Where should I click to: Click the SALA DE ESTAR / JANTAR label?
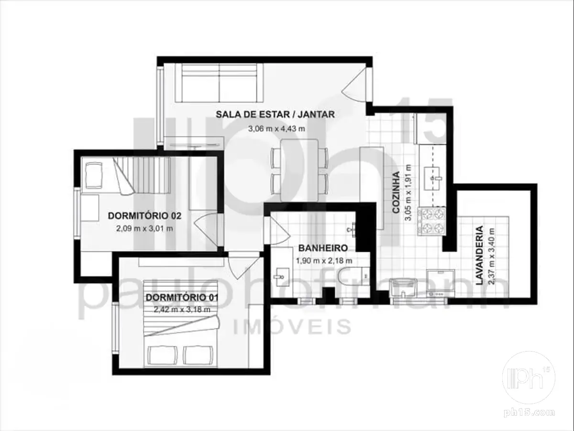(x=275, y=114)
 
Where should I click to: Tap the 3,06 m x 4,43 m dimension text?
(x=276, y=129)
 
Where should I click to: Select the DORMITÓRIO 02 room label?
(x=144, y=216)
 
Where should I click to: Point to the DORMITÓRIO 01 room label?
(x=182, y=297)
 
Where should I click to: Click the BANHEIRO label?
(x=323, y=248)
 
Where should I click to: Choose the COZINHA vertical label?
(x=396, y=193)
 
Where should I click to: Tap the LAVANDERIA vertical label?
(x=479, y=255)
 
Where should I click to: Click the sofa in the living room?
(x=219, y=83)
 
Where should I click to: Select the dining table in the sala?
(x=299, y=170)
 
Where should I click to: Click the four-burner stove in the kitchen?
(x=432, y=221)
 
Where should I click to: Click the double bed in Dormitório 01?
(x=181, y=323)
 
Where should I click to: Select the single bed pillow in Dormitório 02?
(x=94, y=175)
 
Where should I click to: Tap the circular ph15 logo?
(x=529, y=377)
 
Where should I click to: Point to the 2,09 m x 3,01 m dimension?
(x=144, y=229)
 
